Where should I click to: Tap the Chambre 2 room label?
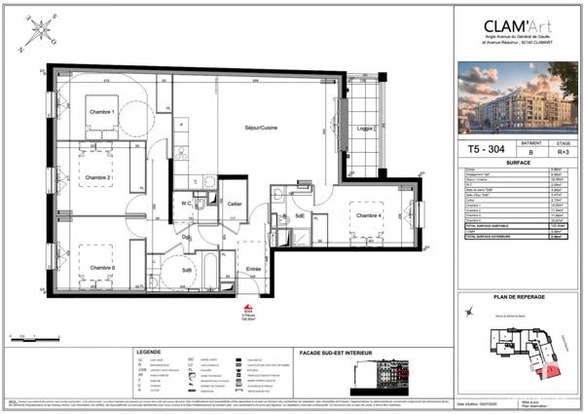pos(96,178)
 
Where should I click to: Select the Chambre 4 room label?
pos(369,215)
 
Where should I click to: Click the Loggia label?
pos(365,129)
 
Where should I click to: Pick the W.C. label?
pos(183,204)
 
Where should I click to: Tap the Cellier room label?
pos(234,204)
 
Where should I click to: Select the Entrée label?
pos(253,269)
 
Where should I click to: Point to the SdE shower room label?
pos(301,216)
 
